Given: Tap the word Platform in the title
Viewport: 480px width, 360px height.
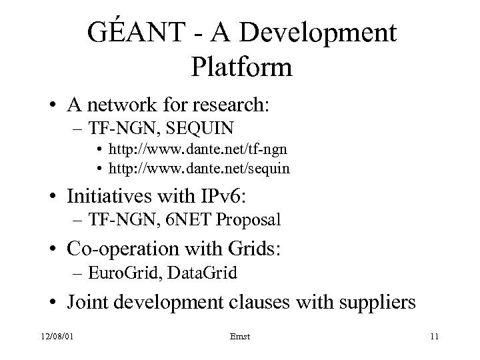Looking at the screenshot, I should pos(241,67).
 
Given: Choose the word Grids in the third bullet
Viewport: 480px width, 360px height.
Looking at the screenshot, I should pos(257,249).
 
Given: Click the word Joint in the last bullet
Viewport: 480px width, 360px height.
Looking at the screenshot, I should pos(85,303).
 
